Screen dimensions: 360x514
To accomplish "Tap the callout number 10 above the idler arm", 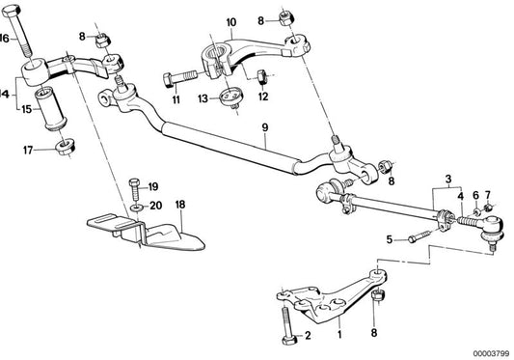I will click(230, 20).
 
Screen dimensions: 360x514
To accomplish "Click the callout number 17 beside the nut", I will click(30, 149).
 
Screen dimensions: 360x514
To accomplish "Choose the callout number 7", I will click(487, 194).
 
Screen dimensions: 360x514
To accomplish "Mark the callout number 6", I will click(474, 194).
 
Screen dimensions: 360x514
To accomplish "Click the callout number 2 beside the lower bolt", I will click(308, 337).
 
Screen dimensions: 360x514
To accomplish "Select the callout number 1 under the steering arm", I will click(338, 337).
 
